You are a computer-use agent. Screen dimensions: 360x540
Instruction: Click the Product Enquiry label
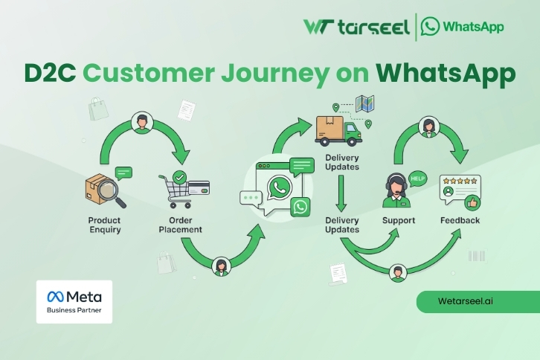pyautogui.click(x=104, y=225)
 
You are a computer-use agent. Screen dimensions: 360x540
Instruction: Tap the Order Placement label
pyautogui.click(x=180, y=225)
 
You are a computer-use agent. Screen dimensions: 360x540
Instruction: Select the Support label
pyautogui.click(x=399, y=220)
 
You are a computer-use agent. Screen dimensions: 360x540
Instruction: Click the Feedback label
pyautogui.click(x=460, y=220)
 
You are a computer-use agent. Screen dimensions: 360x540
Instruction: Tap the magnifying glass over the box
pyautogui.click(x=111, y=190)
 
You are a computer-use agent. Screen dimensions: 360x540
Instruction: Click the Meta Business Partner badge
pyautogui.click(x=74, y=301)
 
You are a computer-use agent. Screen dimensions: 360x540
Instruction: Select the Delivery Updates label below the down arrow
pyautogui.click(x=342, y=225)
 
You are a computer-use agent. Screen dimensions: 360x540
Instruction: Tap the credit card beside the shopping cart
pyautogui.click(x=199, y=187)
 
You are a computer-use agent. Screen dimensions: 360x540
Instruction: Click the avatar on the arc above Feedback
pyautogui.click(x=428, y=127)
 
